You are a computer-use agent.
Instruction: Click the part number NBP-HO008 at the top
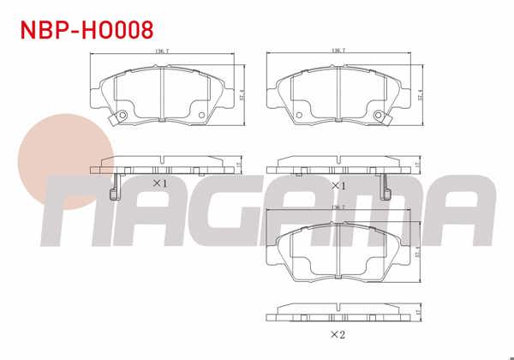87,31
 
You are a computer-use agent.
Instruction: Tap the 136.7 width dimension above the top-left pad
160,51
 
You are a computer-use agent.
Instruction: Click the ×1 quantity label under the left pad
159,183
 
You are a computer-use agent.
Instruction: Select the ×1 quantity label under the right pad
337,183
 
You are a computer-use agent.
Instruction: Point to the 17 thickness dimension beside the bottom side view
415,311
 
